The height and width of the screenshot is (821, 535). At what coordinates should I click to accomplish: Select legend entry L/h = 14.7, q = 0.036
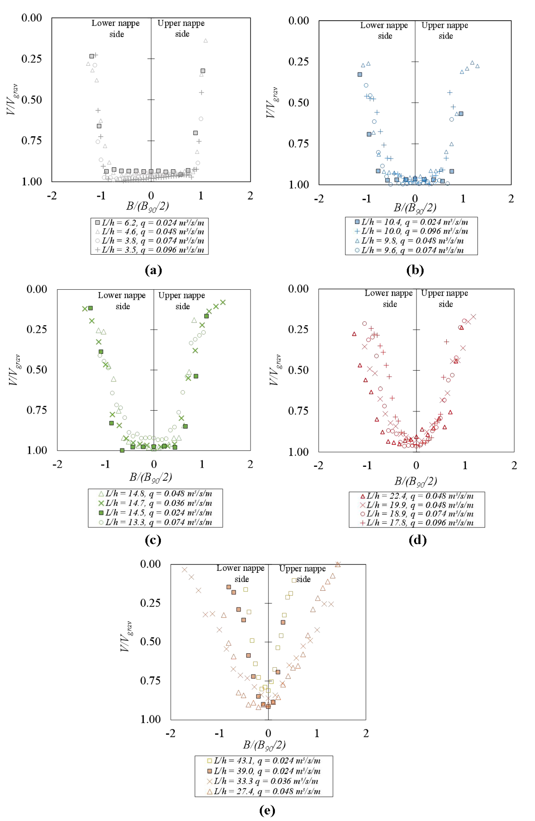[155, 503]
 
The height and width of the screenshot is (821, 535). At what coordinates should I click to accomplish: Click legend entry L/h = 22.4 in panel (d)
[417, 496]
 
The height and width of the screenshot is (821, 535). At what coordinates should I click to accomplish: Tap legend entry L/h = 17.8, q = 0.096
[417, 523]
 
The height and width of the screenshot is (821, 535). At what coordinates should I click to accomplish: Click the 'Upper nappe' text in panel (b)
[445, 26]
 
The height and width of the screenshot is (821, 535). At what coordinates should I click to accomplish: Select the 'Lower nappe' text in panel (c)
[122, 295]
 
